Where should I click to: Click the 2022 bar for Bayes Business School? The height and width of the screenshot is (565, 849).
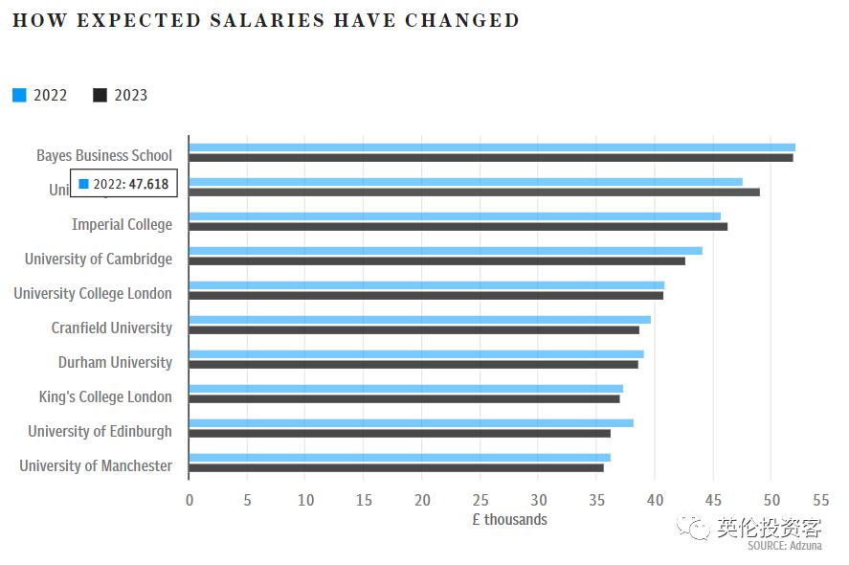pyautogui.click(x=492, y=147)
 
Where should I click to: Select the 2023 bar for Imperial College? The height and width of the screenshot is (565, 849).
pyautogui.click(x=458, y=227)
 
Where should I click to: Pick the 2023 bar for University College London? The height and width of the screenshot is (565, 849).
pyautogui.click(x=426, y=296)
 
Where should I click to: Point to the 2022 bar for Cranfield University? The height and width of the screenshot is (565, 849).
pyautogui.click(x=419, y=320)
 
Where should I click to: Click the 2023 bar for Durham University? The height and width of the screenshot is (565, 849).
pyautogui.click(x=413, y=365)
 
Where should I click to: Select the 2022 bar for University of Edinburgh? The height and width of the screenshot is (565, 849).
pyautogui.click(x=411, y=423)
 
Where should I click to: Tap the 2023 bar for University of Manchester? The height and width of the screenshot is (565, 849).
pyautogui.click(x=396, y=468)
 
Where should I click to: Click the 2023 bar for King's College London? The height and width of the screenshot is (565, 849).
pyautogui.click(x=404, y=399)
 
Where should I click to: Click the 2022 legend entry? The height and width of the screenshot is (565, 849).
pyautogui.click(x=40, y=95)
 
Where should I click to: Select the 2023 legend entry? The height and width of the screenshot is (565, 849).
pyautogui.click(x=121, y=95)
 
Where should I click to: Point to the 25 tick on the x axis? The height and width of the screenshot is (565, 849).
pyautogui.click(x=480, y=499)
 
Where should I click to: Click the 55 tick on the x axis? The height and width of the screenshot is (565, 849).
pyautogui.click(x=820, y=499)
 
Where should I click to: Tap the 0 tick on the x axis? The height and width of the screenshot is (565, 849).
pyautogui.click(x=190, y=499)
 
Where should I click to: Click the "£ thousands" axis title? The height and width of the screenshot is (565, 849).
pyautogui.click(x=509, y=519)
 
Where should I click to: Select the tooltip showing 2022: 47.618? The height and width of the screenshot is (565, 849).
pyautogui.click(x=123, y=184)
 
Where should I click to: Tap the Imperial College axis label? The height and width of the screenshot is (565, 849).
pyautogui.click(x=122, y=225)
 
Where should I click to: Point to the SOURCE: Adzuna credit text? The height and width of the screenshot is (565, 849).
pyautogui.click(x=785, y=545)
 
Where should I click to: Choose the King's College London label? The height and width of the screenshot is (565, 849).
pyautogui.click(x=105, y=397)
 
